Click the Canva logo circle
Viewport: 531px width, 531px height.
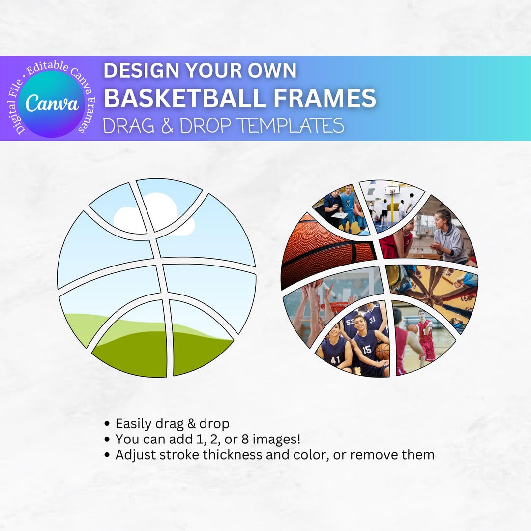(51, 103)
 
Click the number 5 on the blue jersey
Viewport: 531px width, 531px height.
(348, 202)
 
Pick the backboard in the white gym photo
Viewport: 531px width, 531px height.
(392, 190)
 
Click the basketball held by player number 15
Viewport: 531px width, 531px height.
(382, 351)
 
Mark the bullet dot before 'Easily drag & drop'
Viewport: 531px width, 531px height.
(108, 424)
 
